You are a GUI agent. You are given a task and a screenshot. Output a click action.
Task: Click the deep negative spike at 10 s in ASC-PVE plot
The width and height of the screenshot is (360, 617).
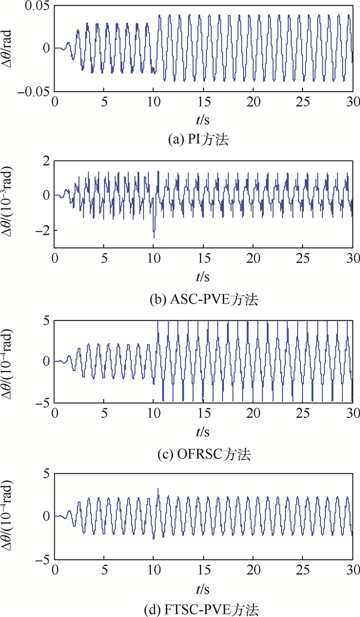[154, 236]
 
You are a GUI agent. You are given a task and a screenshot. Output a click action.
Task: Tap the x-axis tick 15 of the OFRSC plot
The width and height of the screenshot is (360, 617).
[204, 414]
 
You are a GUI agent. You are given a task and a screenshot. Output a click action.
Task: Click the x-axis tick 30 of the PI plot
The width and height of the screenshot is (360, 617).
[352, 101]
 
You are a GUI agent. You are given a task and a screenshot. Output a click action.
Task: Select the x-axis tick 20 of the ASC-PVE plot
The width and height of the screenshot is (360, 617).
[253, 258]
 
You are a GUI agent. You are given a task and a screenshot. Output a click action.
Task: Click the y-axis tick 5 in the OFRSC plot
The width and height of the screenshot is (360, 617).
[46, 322]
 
